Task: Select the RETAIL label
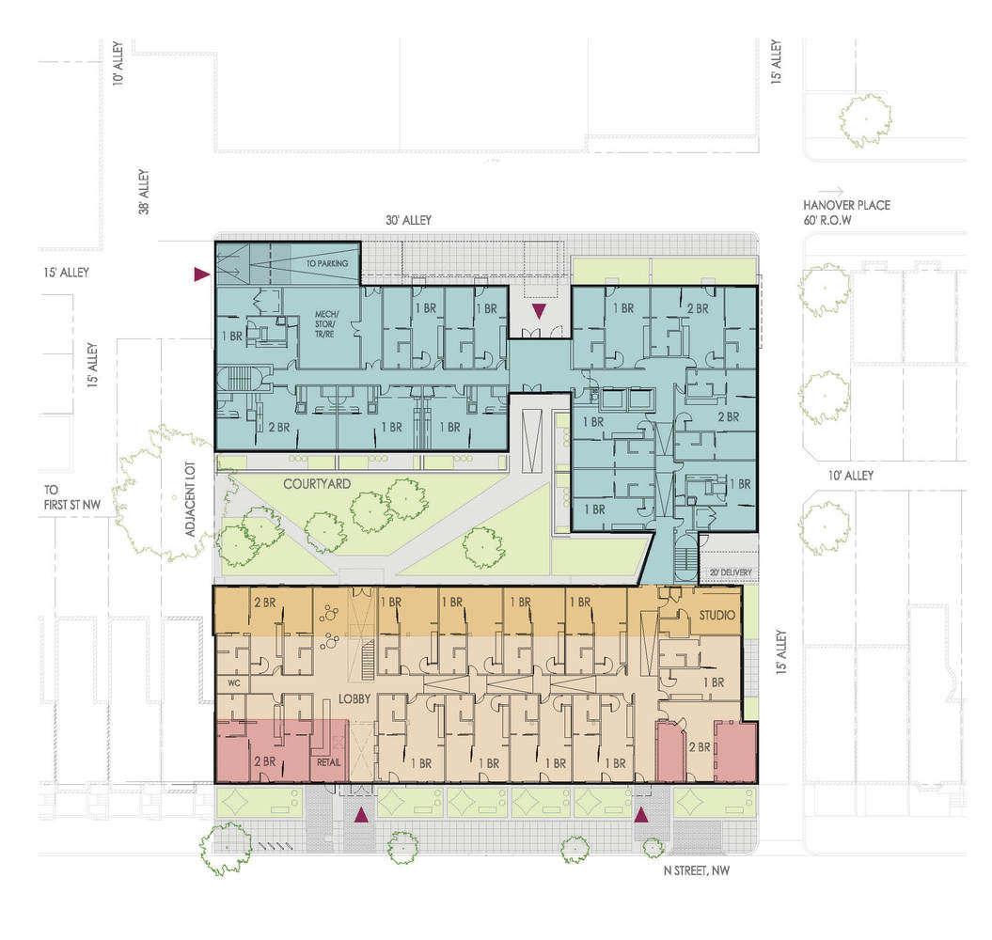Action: (328, 762)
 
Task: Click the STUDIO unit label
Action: (719, 616)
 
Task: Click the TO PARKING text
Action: (326, 263)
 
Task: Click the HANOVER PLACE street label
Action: (845, 205)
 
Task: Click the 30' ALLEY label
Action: (408, 220)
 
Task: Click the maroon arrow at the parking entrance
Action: (200, 274)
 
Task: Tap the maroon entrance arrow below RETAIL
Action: (359, 815)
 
